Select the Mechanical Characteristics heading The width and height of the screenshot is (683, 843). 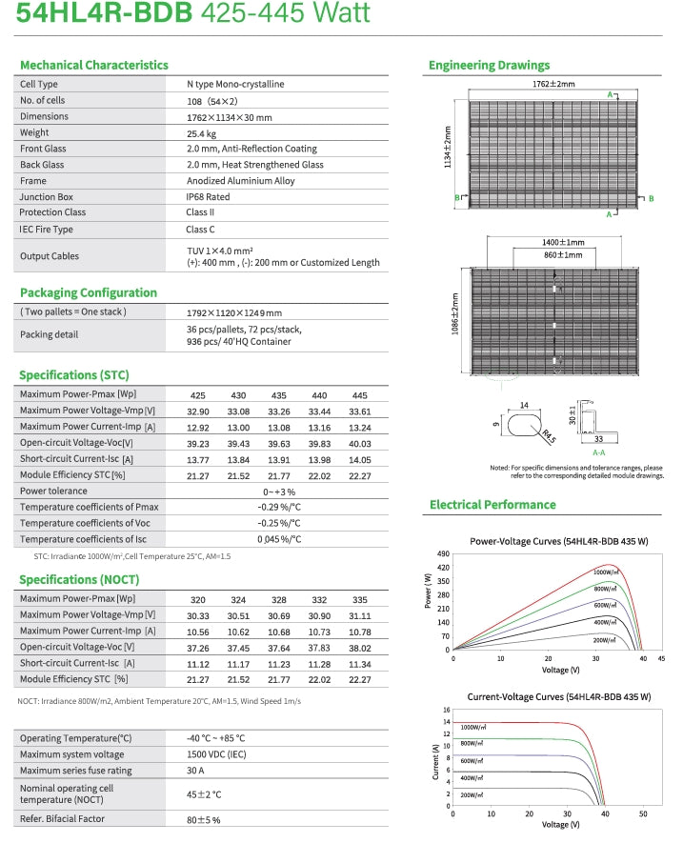94,65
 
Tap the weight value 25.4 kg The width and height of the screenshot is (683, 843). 202,133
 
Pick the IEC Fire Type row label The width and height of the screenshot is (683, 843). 47,230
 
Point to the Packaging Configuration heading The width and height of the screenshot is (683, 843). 89,292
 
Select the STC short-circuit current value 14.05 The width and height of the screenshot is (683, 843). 359,458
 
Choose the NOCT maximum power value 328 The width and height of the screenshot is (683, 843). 279,599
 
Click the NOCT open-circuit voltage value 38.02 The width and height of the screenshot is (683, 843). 359,647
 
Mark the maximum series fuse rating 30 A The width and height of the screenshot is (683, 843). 196,771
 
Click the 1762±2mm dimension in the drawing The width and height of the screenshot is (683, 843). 553,84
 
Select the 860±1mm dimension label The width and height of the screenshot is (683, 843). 562,255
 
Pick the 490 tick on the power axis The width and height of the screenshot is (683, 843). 442,553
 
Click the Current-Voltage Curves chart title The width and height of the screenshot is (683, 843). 560,697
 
